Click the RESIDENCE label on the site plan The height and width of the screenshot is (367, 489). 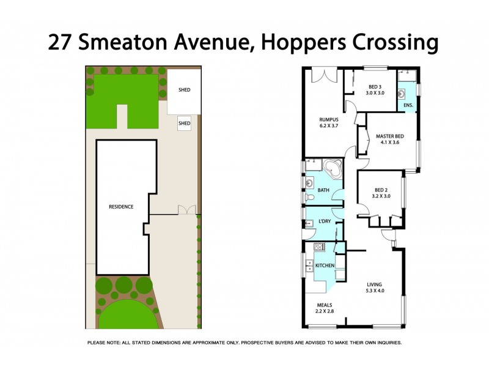121,207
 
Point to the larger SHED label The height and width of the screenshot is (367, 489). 184,90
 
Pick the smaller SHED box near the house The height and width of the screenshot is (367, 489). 184,123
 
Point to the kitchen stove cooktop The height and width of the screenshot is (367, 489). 318,247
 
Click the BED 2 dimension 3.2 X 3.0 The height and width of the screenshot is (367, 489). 381,197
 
